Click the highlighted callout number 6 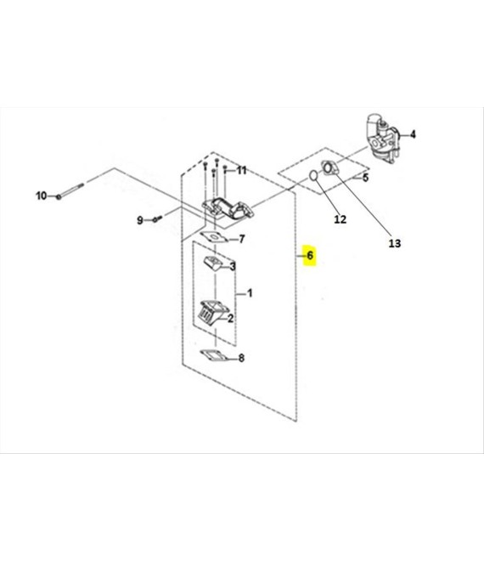click(x=310, y=256)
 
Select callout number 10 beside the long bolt click(x=41, y=195)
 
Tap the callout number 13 click(x=395, y=243)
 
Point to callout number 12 click(x=340, y=219)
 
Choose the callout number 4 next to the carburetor click(x=413, y=134)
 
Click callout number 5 click(x=365, y=178)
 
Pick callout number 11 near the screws click(x=242, y=170)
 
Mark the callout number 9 click(x=140, y=220)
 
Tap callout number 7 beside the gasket click(x=242, y=239)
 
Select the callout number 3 click(x=233, y=266)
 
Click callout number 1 click(x=250, y=293)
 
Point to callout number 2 click(x=231, y=318)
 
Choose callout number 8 click(x=241, y=357)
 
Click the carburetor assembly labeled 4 click(x=381, y=139)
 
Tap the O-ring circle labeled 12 click(x=313, y=175)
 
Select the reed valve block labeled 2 click(x=212, y=312)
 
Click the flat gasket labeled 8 click(x=213, y=356)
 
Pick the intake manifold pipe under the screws click(x=228, y=208)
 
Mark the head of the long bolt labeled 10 click(x=59, y=196)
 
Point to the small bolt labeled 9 click(x=157, y=218)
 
